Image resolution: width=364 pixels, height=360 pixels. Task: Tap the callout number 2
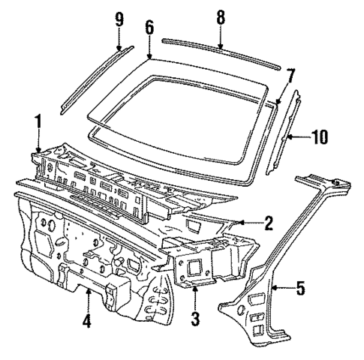267,223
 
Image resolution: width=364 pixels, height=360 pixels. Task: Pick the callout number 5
300,287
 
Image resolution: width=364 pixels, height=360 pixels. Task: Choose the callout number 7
290,75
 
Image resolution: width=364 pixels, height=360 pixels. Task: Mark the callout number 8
221,16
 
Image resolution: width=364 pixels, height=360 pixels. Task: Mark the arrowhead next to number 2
242,222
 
